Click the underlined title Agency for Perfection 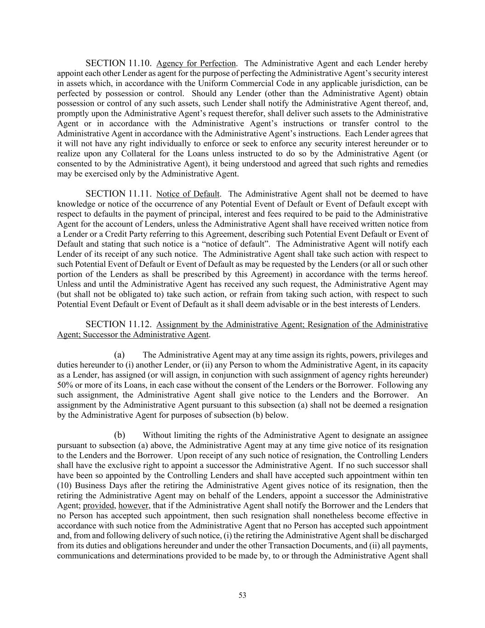coord(196,63)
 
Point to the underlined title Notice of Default coord(188,194)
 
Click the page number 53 coord(242,595)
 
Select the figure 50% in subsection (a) coord(65,385)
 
